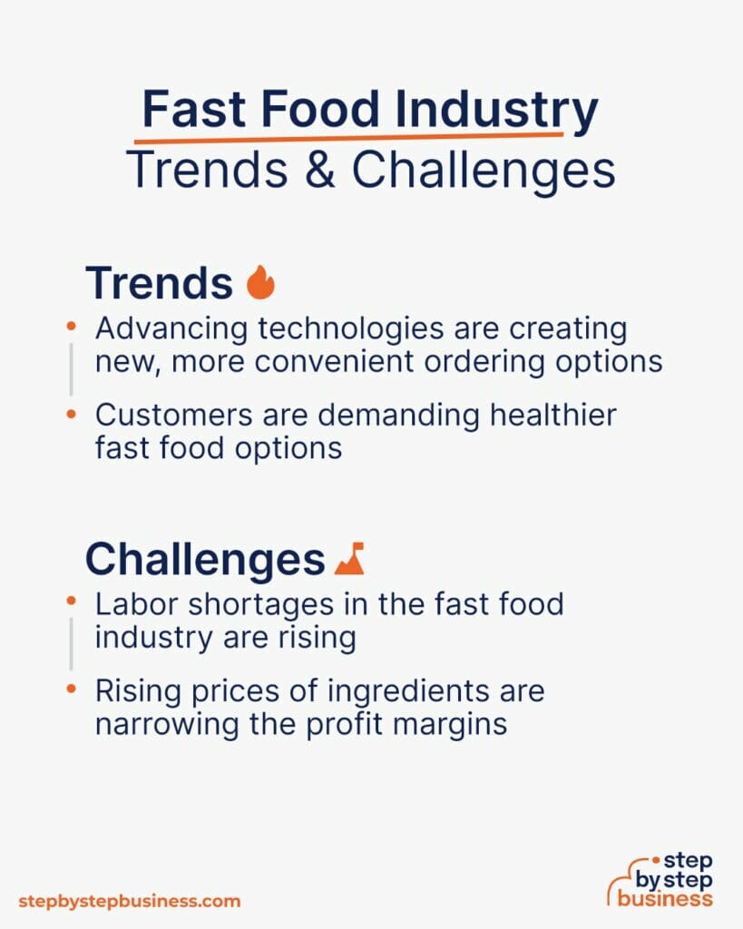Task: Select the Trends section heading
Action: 159,283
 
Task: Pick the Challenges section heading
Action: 205,560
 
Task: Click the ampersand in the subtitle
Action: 318,170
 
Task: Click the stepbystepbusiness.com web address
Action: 130,901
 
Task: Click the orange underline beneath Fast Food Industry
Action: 349,138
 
